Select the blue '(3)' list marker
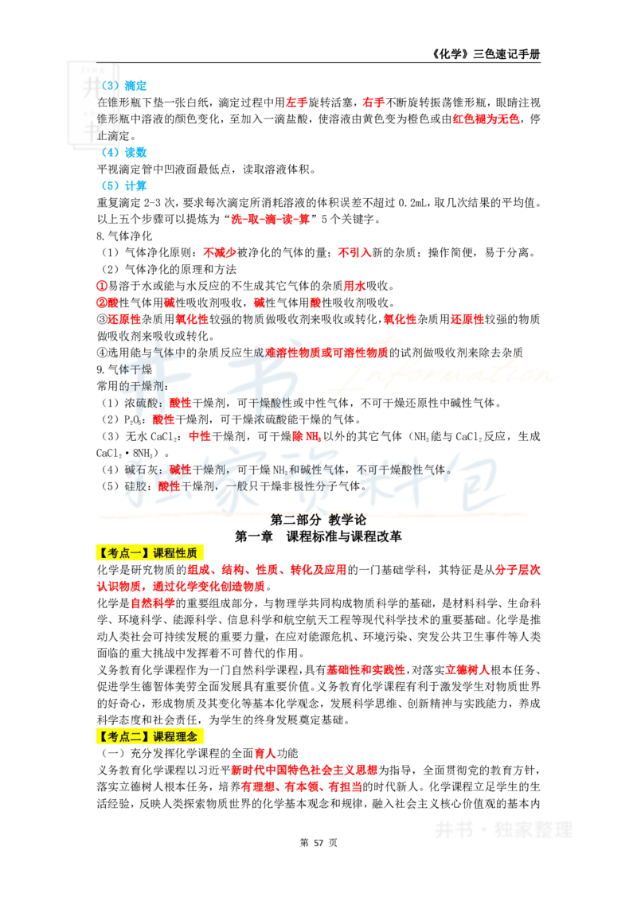(x=110, y=86)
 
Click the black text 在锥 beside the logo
(x=107, y=103)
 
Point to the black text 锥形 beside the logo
(x=107, y=119)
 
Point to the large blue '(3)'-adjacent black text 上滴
(x=107, y=135)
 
